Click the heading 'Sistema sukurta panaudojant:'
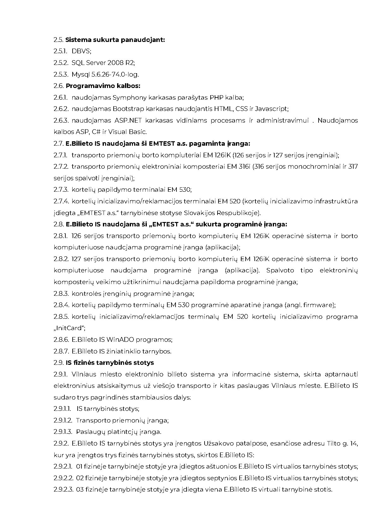click(115, 40)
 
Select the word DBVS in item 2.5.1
click(81, 51)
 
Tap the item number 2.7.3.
click(61, 190)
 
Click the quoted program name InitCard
click(69, 328)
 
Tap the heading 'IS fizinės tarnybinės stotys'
click(110, 363)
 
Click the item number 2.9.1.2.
click(63, 421)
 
